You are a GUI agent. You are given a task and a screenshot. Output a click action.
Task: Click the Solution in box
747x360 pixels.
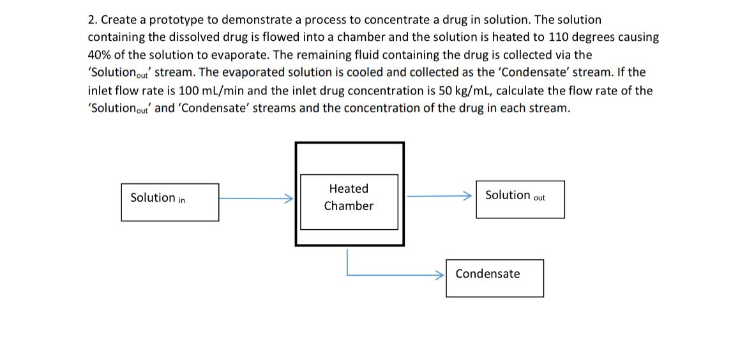pos(170,202)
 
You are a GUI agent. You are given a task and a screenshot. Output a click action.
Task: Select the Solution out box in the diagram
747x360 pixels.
pos(520,199)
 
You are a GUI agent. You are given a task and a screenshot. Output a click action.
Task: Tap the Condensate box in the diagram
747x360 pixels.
pos(494,278)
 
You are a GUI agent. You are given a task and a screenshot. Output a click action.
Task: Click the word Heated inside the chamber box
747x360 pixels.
pos(349,189)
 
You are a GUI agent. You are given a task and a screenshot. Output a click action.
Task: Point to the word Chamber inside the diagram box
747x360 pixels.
pos(349,206)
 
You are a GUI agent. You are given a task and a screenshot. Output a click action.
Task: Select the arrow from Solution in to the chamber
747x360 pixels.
pos(255,199)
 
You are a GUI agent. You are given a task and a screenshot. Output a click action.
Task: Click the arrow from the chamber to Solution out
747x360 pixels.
pos(441,197)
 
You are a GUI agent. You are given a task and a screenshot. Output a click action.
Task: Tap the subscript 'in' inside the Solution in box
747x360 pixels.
pos(182,200)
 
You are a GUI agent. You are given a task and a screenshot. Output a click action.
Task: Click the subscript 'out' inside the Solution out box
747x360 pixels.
pos(539,198)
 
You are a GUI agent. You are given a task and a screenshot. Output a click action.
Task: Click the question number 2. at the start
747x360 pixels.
pos(93,20)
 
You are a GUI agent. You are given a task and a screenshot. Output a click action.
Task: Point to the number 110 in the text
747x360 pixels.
pos(559,38)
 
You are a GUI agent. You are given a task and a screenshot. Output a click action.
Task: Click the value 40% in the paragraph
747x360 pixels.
pos(100,55)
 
